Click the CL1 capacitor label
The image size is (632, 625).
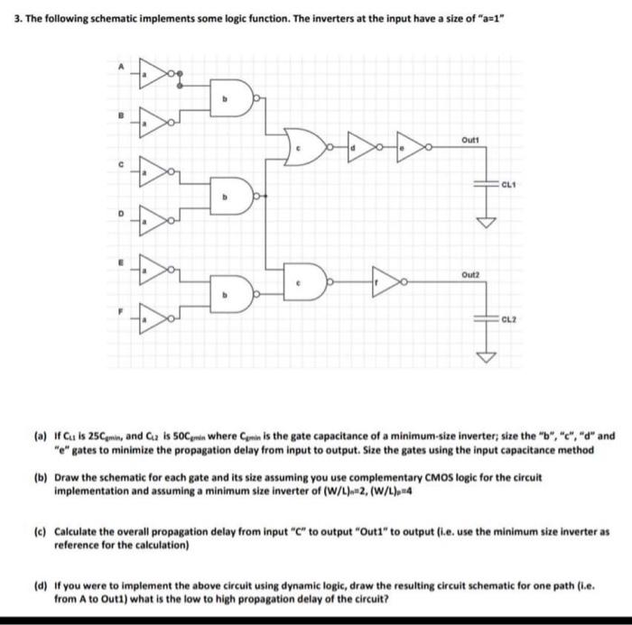[512, 183]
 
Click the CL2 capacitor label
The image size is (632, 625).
[512, 320]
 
